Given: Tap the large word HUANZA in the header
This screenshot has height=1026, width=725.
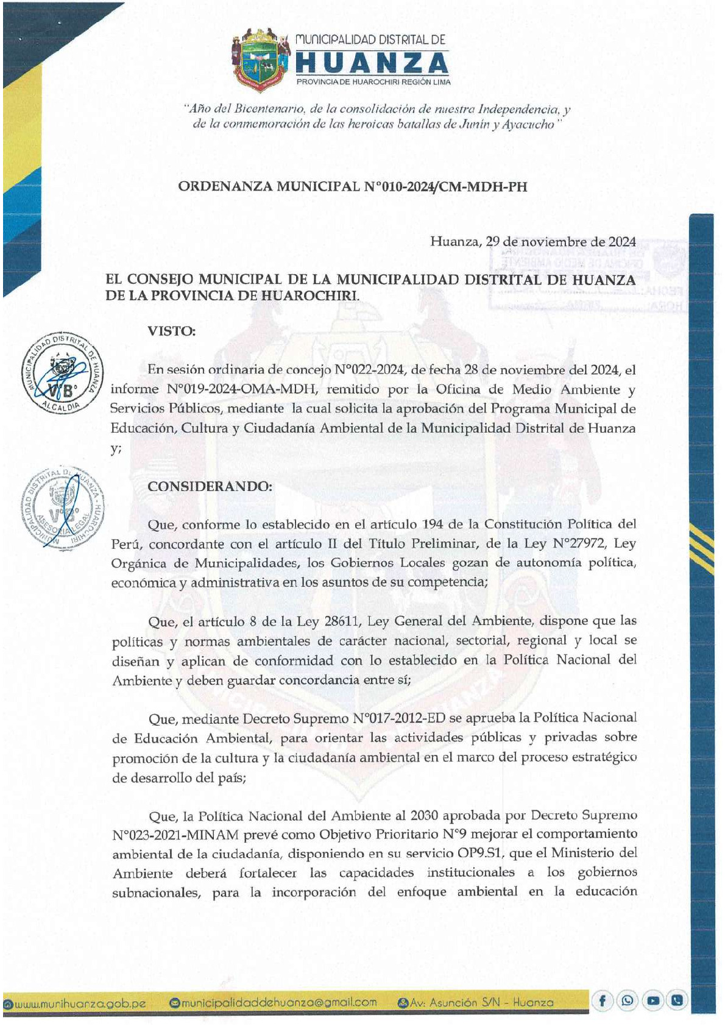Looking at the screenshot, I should click(x=372, y=64).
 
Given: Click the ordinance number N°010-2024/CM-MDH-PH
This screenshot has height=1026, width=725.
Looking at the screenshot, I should click(x=445, y=186).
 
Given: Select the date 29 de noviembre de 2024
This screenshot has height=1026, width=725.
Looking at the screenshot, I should click(x=561, y=241).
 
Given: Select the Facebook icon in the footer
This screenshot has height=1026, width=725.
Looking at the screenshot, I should click(x=602, y=1000).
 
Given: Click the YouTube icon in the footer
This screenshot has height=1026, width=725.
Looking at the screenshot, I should click(x=653, y=1000).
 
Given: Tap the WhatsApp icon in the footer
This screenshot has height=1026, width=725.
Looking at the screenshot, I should click(x=628, y=1000).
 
